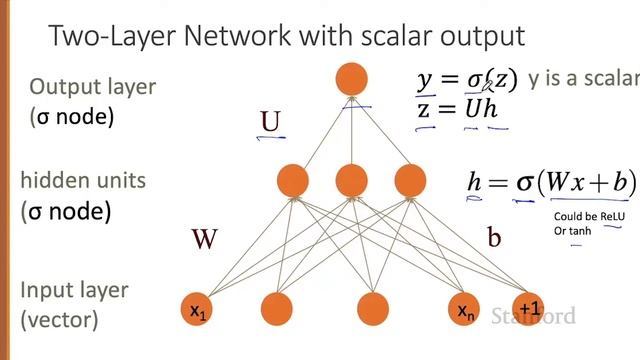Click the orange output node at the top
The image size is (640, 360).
pos(351,78)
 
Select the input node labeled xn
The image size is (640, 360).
pos(466,311)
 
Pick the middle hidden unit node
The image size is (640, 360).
pos(351,180)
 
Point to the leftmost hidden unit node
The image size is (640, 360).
pos(293,180)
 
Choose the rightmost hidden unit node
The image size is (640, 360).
pos(410,180)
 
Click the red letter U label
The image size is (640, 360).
pos(270,122)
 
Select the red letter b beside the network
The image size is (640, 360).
pos(494,237)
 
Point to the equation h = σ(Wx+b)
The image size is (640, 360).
pos(551,182)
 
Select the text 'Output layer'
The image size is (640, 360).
pos(92,87)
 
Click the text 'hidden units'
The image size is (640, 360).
pos(83,181)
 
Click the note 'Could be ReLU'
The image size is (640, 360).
pos(586,217)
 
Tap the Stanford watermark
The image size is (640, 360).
pos(533,317)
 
